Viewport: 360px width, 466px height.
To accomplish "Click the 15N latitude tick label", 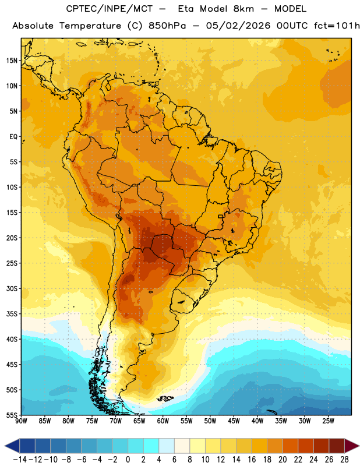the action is pyautogui.click(x=12, y=61).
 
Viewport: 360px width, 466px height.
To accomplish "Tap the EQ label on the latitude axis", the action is pyautogui.click(x=13, y=137).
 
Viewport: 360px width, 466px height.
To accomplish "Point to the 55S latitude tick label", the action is pyautogui.click(x=12, y=415).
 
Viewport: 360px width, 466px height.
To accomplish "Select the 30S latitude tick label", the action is pyautogui.click(x=12, y=288).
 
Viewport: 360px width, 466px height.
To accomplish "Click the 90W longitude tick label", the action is pyautogui.click(x=21, y=421).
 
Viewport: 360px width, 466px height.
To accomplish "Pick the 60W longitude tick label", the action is pyautogui.click(x=163, y=421).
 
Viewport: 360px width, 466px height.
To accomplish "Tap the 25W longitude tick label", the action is pyautogui.click(x=328, y=421).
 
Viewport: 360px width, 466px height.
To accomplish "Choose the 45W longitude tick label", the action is pyautogui.click(x=234, y=421).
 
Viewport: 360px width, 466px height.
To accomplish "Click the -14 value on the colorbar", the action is pyautogui.click(x=20, y=460).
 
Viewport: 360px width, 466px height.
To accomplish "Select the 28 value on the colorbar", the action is pyautogui.click(x=344, y=460).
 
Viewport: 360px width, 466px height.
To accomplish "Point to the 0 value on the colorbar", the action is pyautogui.click(x=128, y=460).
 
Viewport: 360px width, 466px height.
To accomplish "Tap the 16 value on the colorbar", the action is pyautogui.click(x=252, y=460).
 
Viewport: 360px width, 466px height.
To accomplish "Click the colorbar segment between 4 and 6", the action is pyautogui.click(x=167, y=446).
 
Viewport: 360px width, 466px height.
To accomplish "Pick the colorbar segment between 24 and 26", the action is pyautogui.click(x=321, y=446).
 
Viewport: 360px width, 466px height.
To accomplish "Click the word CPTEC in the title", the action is pyautogui.click(x=79, y=9).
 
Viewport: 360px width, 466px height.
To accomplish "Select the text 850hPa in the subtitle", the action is pyautogui.click(x=167, y=26).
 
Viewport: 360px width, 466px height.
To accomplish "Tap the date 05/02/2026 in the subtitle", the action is pyautogui.click(x=238, y=26).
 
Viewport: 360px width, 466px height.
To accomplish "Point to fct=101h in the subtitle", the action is pyautogui.click(x=337, y=26).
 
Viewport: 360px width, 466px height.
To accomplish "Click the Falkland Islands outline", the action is pyautogui.click(x=165, y=398).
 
